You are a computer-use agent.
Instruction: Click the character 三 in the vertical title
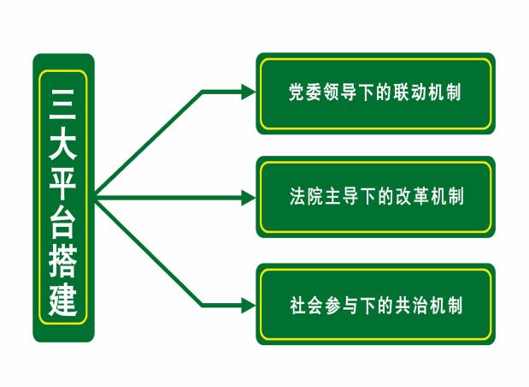click(x=62, y=104)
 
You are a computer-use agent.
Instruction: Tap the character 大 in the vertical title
click(x=62, y=144)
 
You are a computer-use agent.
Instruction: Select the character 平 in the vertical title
click(x=62, y=182)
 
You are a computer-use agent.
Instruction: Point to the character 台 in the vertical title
click(x=62, y=222)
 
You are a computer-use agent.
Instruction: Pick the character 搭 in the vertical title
click(x=62, y=261)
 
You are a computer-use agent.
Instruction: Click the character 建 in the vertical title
click(x=62, y=301)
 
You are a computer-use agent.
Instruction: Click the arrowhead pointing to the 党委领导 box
click(x=249, y=92)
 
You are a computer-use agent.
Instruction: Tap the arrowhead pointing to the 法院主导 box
click(x=249, y=198)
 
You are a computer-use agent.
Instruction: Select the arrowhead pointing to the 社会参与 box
click(x=249, y=305)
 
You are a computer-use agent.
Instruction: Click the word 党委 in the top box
click(x=305, y=92)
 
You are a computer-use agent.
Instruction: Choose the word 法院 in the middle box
click(x=307, y=196)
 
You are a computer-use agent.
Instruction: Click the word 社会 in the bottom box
click(x=307, y=305)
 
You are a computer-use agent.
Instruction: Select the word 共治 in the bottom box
click(x=411, y=305)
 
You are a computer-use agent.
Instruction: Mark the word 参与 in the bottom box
click(x=342, y=305)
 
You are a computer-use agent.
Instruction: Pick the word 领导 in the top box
click(x=340, y=92)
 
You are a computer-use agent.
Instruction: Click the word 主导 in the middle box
click(x=342, y=196)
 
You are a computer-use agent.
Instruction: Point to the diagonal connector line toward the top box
click(x=149, y=143)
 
